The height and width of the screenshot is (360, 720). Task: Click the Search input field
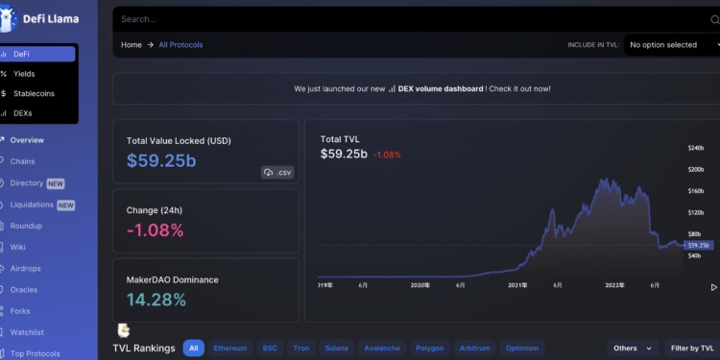[x=384, y=18]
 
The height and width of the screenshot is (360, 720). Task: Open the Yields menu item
[x=24, y=73]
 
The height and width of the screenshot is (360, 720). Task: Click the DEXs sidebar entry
[x=22, y=112]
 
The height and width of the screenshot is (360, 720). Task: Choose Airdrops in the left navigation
[x=26, y=269]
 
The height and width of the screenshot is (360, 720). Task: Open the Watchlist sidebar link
[x=27, y=332]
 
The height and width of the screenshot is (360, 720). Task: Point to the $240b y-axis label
[x=696, y=148]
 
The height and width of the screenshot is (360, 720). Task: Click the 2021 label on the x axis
[x=517, y=285]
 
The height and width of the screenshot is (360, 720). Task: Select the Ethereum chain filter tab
[x=229, y=348]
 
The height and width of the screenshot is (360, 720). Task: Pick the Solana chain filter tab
[x=336, y=348]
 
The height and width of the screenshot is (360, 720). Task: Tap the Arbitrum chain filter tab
[x=475, y=348]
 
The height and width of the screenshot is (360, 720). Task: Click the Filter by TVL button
[x=692, y=348]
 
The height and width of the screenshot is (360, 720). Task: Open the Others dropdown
[x=633, y=348]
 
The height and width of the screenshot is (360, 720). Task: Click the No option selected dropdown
[x=670, y=44]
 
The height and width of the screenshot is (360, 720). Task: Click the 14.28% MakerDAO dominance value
[x=156, y=300]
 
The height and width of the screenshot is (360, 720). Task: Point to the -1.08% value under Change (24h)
[x=155, y=229]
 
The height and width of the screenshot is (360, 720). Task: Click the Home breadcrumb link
[x=131, y=44]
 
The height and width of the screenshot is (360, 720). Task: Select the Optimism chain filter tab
[x=522, y=348]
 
